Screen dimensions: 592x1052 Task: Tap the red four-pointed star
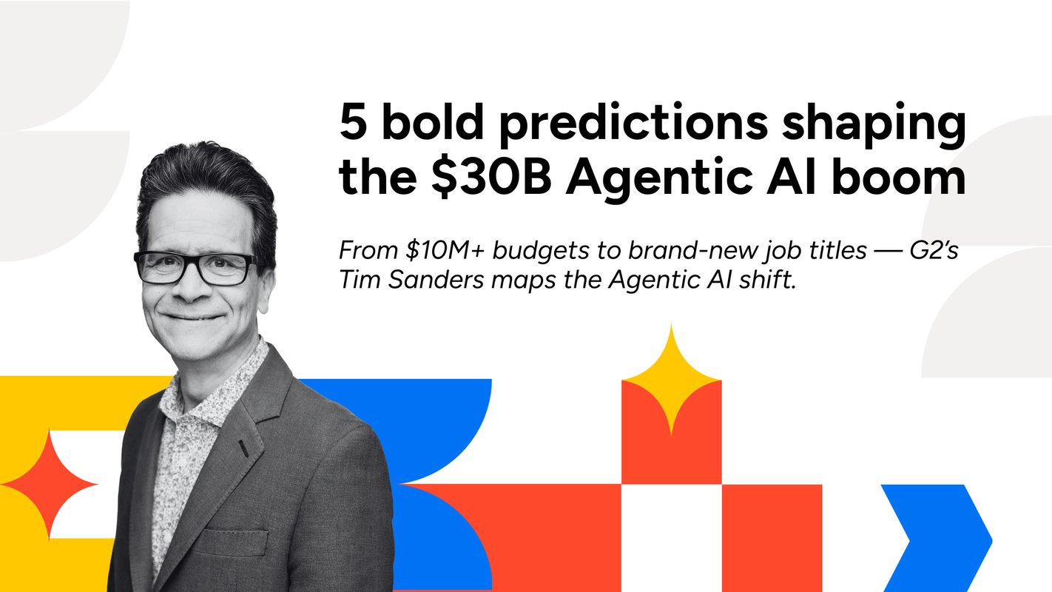(x=49, y=485)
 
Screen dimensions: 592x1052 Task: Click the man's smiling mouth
(x=194, y=316)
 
